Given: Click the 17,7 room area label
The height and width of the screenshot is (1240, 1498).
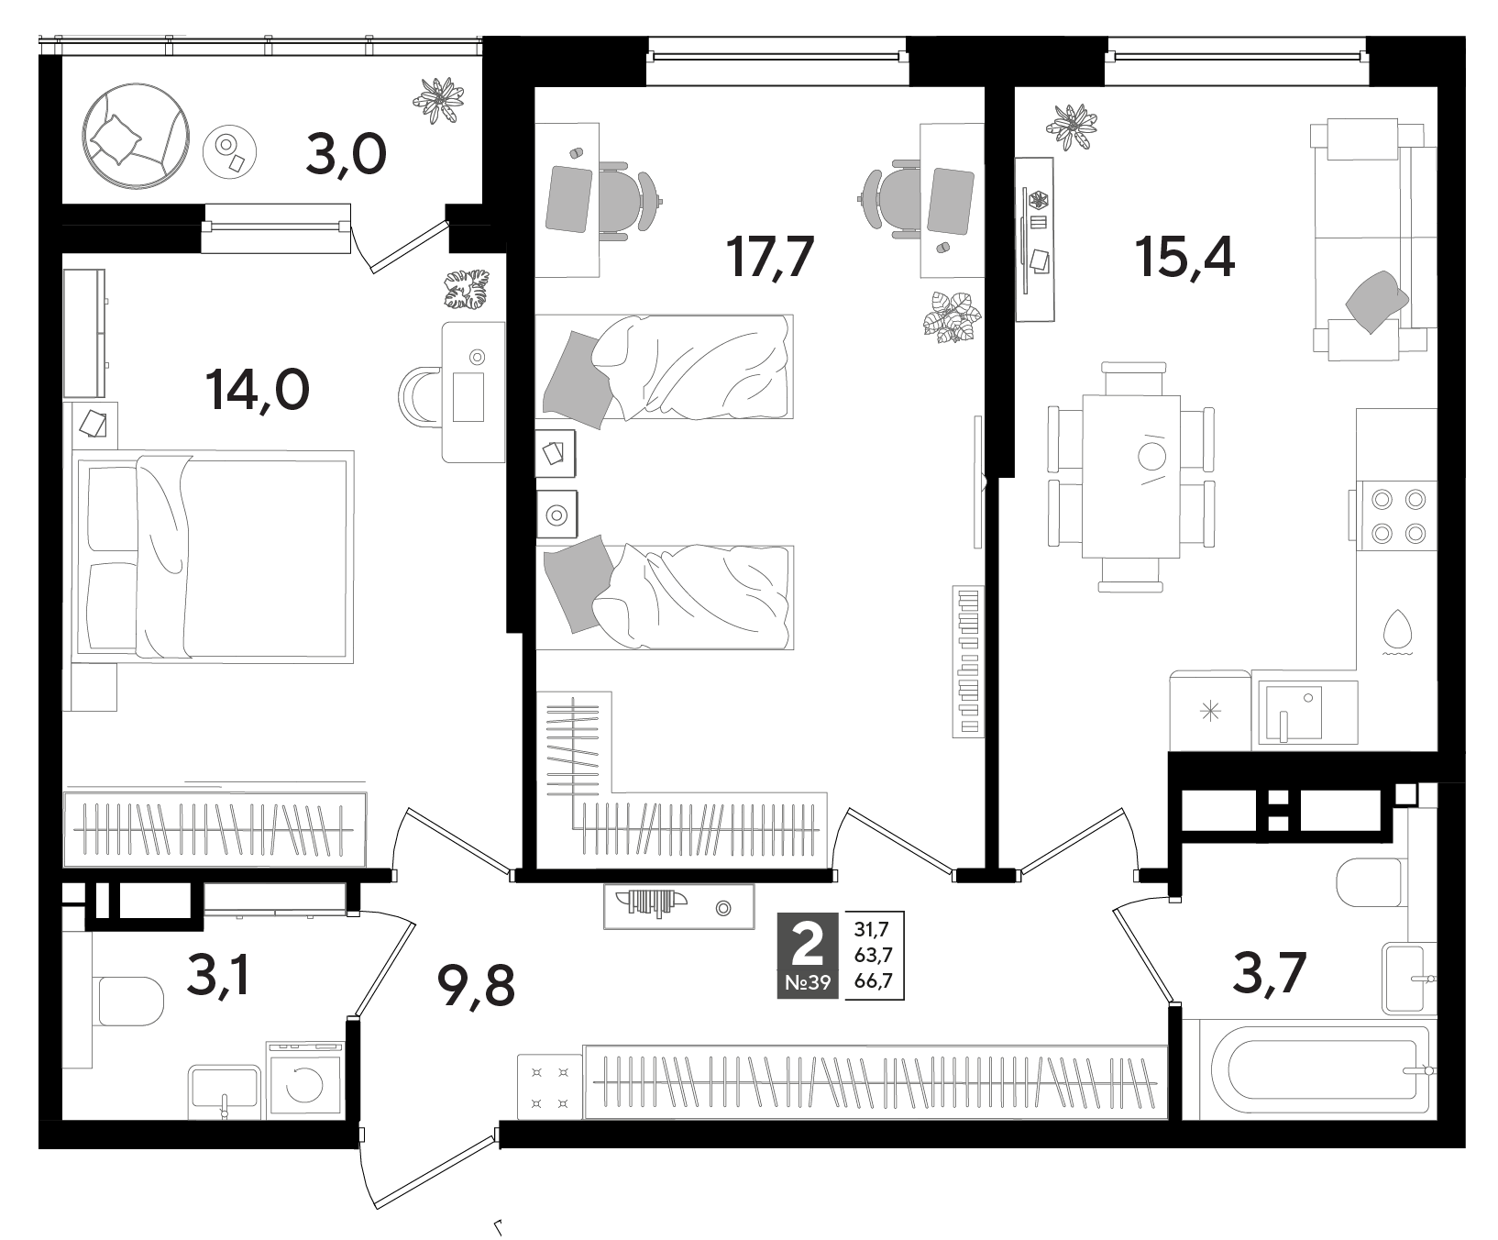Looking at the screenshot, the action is [769, 256].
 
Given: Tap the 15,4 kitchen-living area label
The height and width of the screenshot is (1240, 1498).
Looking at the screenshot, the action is [1184, 256].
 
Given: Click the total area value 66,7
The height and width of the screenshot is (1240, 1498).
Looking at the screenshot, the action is [875, 984].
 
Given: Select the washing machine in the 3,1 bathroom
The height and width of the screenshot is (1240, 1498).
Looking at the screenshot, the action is [304, 1080].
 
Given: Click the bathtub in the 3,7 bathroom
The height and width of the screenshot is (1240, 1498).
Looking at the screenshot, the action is [1320, 1069].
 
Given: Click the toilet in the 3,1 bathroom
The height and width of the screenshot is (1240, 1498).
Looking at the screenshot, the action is [127, 1001].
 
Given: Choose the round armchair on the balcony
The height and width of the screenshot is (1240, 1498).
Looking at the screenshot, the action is [137, 137].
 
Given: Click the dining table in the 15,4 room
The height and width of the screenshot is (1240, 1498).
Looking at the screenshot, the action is [1131, 476].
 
